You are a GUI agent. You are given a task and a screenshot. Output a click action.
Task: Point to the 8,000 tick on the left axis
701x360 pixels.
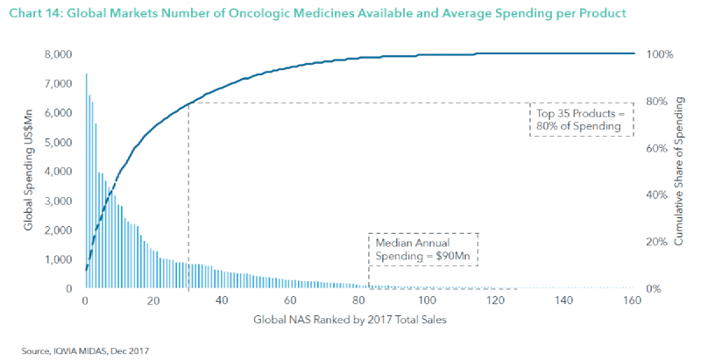pos(59,54)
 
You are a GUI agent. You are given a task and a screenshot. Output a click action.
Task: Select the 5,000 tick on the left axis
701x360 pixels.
pos(59,142)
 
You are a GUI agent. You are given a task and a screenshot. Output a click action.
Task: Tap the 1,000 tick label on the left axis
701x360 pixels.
pos(59,259)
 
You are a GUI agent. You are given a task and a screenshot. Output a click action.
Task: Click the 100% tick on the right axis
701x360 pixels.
pos(659,54)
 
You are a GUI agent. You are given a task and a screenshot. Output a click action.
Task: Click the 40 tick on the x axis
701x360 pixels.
pos(222,300)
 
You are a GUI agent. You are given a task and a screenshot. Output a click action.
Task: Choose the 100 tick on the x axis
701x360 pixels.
pos(427,300)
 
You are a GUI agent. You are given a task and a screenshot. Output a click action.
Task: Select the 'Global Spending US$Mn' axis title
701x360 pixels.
pos(28,172)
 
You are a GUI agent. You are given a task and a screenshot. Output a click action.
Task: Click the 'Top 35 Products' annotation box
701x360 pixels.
pos(581,120)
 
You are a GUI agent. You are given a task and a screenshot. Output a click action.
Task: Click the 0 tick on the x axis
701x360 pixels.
pos(84,300)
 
